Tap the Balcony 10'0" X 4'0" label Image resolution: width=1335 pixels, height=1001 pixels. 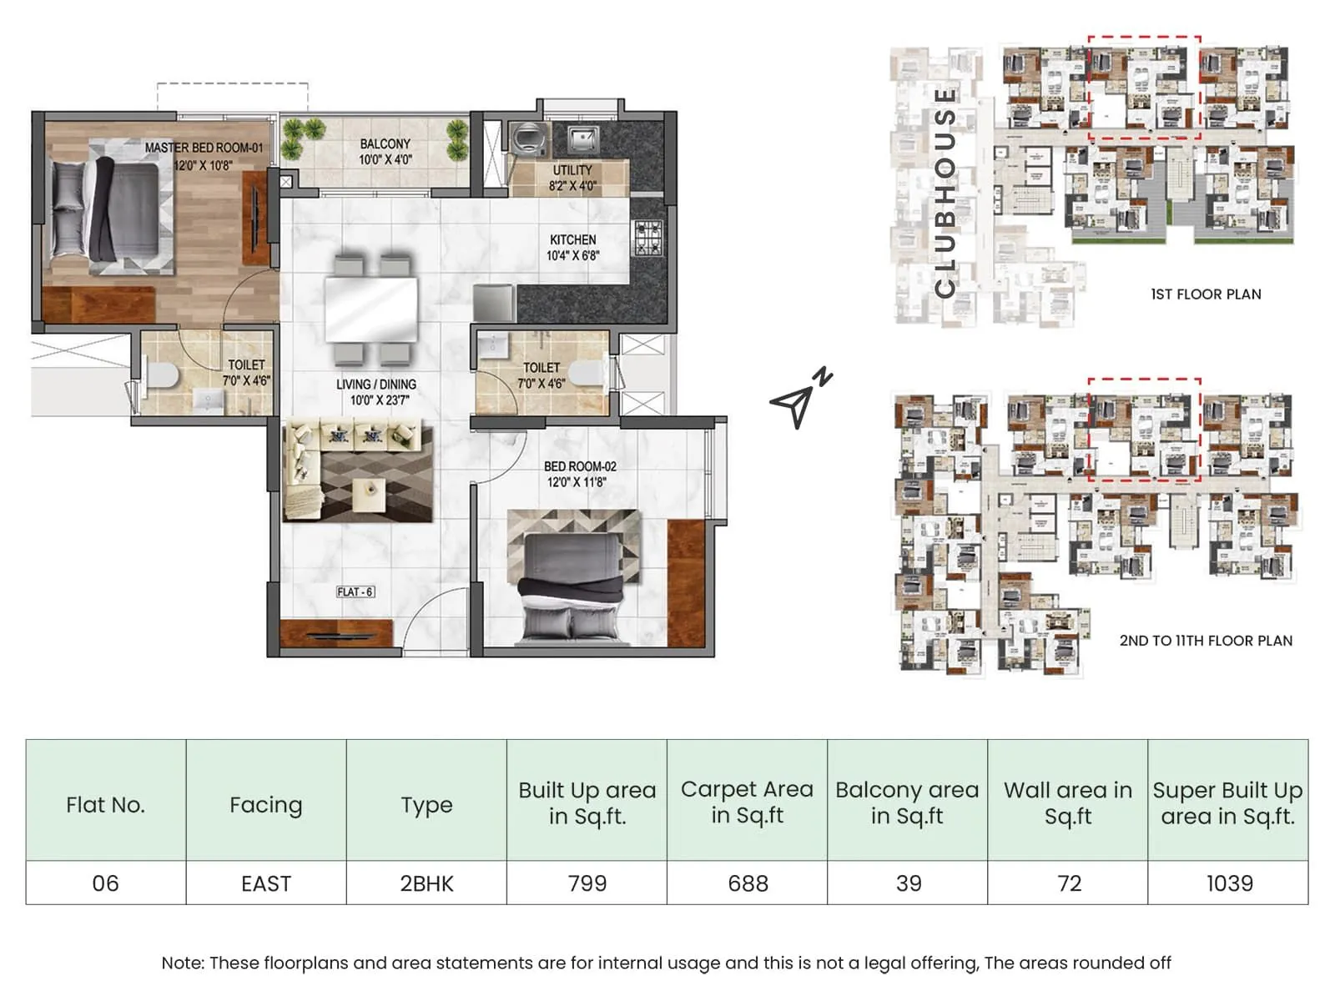click(x=385, y=151)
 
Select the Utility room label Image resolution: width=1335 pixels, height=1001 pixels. click(x=572, y=177)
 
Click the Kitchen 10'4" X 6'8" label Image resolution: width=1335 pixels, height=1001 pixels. click(x=572, y=247)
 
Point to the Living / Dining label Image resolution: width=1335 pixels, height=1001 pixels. click(x=376, y=391)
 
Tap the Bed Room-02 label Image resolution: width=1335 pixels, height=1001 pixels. click(x=579, y=474)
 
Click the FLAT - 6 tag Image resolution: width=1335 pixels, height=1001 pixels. click(x=355, y=591)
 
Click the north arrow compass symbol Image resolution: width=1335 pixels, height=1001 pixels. click(x=799, y=400)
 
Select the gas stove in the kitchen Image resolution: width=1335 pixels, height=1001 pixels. click(x=649, y=238)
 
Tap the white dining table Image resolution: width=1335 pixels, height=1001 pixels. click(x=371, y=309)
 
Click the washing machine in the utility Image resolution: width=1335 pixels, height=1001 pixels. click(x=527, y=138)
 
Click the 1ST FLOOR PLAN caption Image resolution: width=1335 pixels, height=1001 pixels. click(x=1205, y=294)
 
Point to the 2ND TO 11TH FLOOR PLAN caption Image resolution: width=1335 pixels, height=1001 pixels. click(x=1205, y=641)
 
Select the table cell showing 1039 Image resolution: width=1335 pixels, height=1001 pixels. click(x=1229, y=883)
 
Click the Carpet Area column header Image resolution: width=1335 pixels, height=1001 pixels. click(x=747, y=802)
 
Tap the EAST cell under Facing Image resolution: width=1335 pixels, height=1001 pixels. click(x=266, y=883)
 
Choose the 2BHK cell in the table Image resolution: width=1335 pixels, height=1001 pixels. click(x=426, y=883)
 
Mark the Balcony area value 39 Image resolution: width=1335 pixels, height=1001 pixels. click(x=908, y=883)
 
